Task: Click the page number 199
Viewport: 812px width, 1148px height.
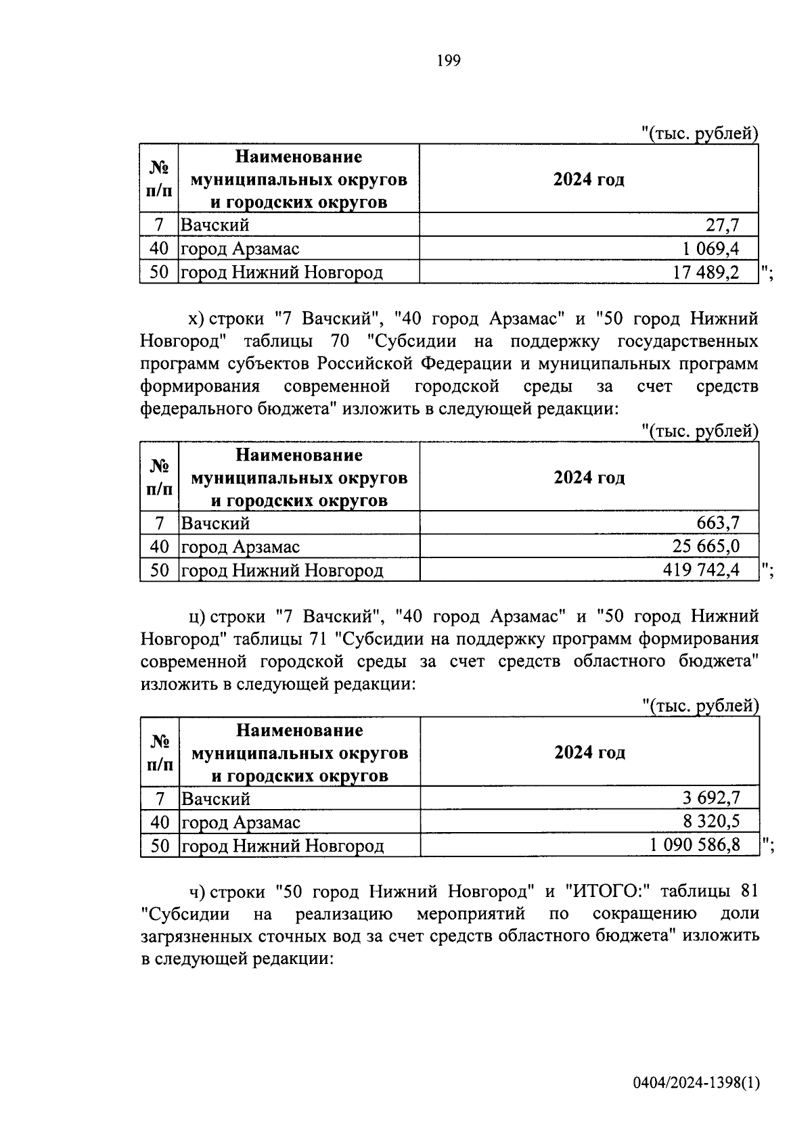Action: point(449,62)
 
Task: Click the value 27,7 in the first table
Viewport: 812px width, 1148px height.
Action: point(723,225)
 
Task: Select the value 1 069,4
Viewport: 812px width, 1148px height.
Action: point(710,249)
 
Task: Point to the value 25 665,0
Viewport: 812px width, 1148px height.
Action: point(706,547)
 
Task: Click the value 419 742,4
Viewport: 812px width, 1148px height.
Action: point(701,570)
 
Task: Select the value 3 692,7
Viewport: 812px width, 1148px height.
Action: point(711,798)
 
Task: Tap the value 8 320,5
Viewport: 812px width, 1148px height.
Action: point(711,822)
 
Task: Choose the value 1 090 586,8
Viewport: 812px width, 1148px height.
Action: point(696,846)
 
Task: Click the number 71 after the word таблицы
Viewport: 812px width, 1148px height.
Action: point(316,639)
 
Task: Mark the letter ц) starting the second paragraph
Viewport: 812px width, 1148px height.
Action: point(197,617)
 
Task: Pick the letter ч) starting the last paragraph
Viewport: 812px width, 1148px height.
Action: point(197,892)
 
